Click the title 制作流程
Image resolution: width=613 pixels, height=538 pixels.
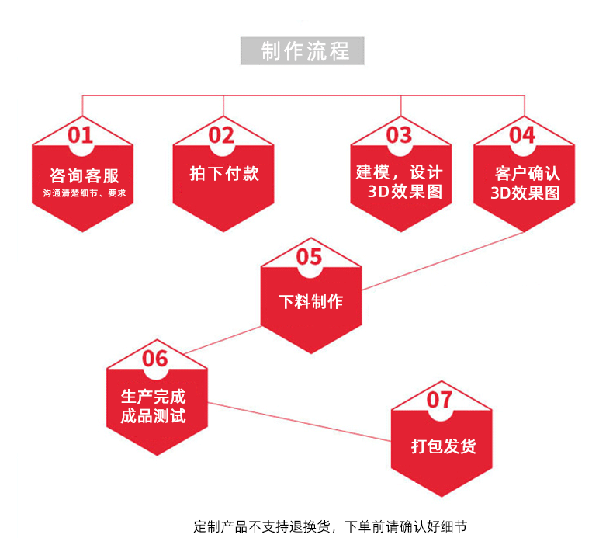pos(305,51)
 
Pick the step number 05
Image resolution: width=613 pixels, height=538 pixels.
pos(309,257)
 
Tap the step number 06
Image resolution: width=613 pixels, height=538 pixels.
pos(155,358)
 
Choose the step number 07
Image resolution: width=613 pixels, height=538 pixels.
pos(439,400)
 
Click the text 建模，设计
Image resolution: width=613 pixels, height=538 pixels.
pos(400,172)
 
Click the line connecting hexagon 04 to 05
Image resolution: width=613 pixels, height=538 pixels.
pos(442,261)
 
